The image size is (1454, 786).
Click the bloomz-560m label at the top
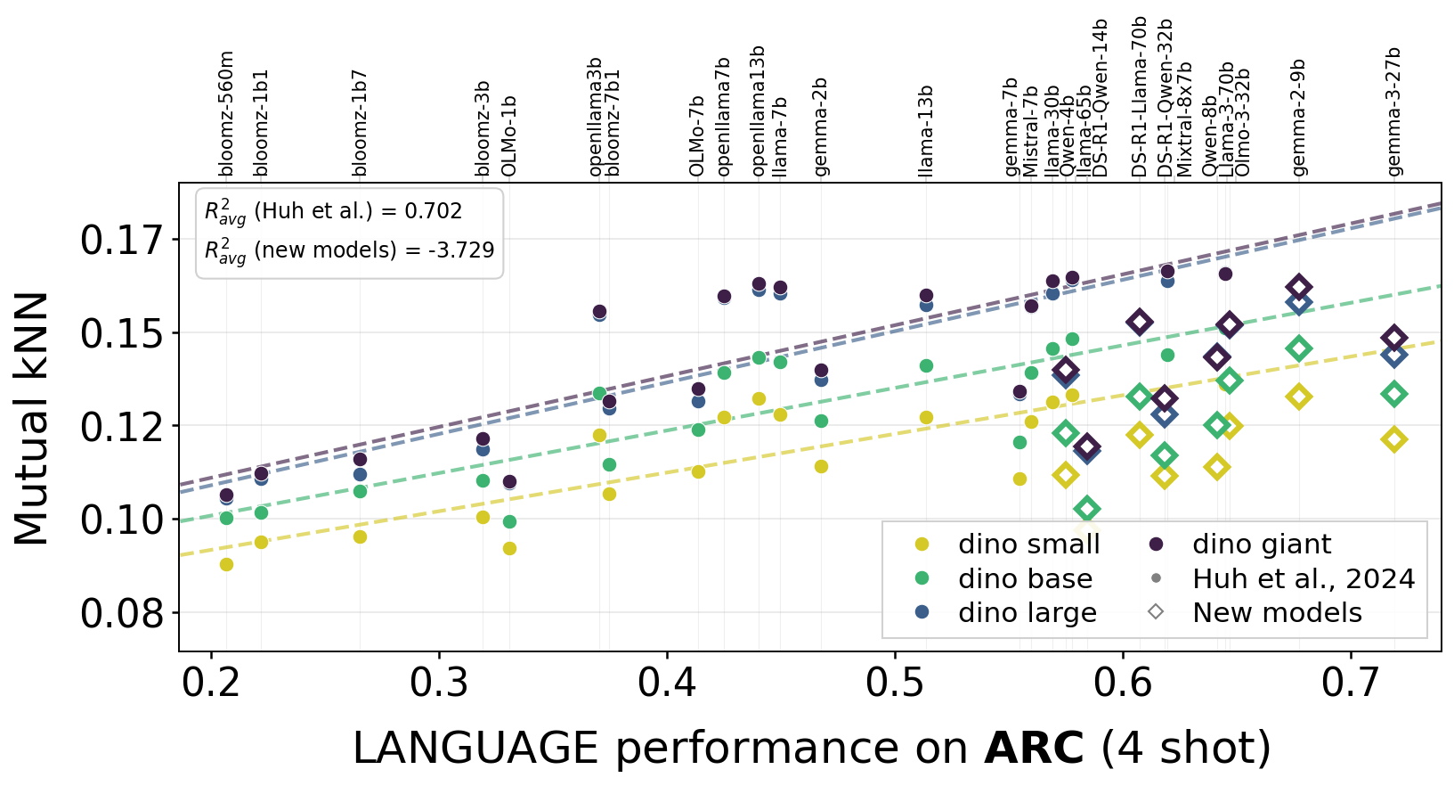(x=226, y=114)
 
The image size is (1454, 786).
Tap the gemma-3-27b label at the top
(x=1394, y=111)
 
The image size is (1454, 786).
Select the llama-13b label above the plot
(x=926, y=132)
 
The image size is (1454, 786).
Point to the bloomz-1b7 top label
(x=360, y=123)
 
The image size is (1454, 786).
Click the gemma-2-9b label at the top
(x=1298, y=117)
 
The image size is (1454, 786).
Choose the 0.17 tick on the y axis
(x=122, y=241)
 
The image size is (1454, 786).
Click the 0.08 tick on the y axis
(x=122, y=614)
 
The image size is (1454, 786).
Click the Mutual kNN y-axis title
(x=32, y=418)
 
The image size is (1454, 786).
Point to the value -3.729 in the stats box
(x=462, y=250)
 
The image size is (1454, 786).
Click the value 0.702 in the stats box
(x=434, y=211)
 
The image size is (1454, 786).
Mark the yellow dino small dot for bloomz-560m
(x=226, y=564)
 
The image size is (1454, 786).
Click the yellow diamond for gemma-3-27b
(x=1394, y=439)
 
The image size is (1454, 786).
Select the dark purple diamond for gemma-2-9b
(x=1298, y=287)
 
